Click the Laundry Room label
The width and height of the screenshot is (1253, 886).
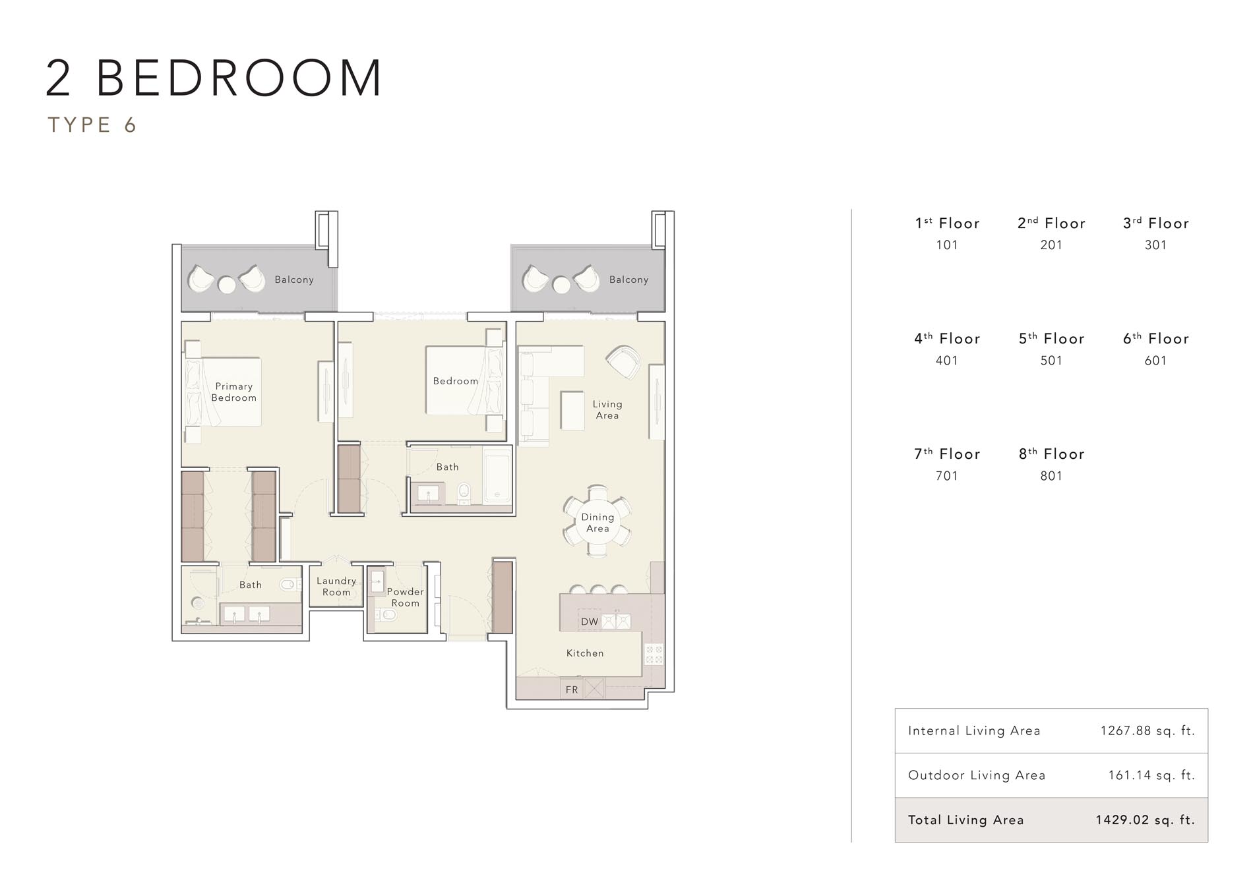[336, 586]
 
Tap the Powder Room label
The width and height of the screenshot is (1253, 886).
[405, 597]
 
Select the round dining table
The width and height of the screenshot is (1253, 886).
[597, 523]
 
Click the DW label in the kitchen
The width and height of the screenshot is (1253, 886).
[589, 622]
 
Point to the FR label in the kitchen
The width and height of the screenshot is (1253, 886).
[572, 690]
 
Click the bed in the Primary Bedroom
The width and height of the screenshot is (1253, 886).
[224, 392]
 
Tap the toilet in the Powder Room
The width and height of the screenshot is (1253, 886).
[389, 615]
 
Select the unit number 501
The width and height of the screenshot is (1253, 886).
[1051, 361]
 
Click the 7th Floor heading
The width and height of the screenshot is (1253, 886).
[947, 454]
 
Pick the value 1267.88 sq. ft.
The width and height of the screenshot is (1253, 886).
[1147, 730]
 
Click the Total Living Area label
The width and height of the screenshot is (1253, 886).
[965, 820]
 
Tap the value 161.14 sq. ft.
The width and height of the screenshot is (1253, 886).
[1151, 775]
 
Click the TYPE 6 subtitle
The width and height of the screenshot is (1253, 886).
[92, 125]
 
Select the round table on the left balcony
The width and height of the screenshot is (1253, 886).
[226, 285]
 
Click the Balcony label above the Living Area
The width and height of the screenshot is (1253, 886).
[628, 280]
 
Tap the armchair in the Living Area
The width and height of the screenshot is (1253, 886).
[623, 361]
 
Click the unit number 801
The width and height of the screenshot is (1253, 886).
[1051, 476]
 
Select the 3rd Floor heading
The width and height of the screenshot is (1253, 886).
[1155, 223]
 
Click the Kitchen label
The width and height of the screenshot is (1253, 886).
[584, 653]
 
